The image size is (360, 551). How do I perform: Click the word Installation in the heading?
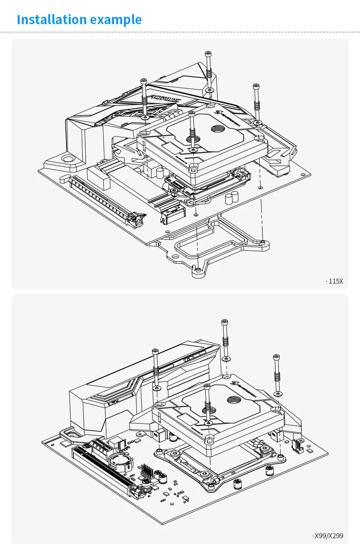point(51,20)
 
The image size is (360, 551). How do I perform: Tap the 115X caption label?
point(335,281)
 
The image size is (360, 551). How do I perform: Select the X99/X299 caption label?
point(329,536)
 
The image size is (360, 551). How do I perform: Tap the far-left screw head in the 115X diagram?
point(144,81)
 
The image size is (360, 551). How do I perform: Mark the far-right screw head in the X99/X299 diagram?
point(276,357)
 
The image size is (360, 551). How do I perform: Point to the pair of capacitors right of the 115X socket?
point(231,198)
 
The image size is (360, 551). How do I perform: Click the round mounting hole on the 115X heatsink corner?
point(68,159)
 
